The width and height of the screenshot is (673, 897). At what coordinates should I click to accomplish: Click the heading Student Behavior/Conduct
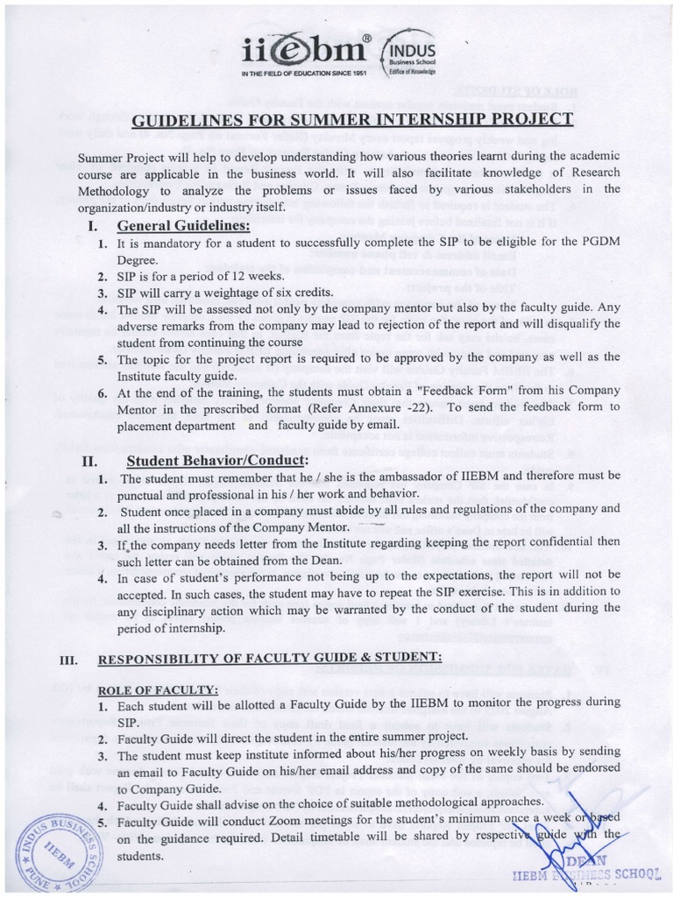click(216, 461)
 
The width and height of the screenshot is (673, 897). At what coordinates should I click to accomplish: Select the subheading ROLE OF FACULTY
click(158, 689)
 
